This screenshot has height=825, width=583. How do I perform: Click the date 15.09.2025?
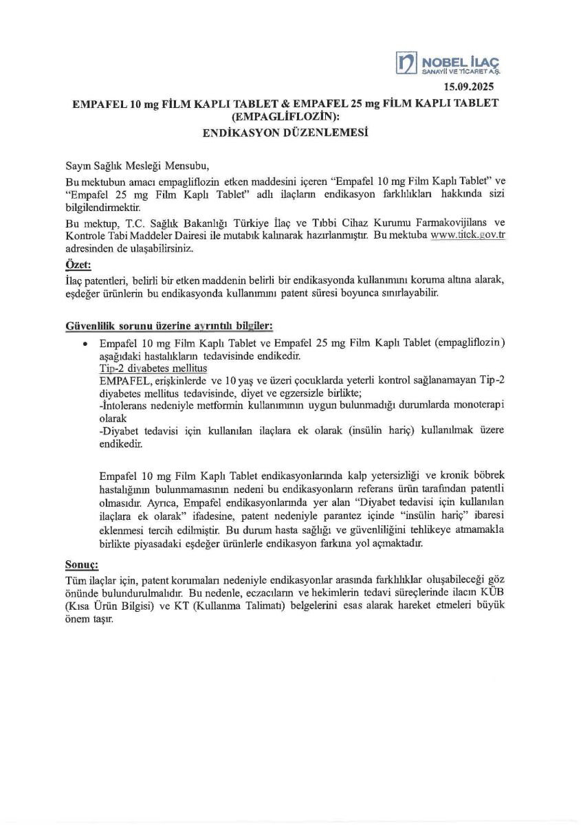pos(468,87)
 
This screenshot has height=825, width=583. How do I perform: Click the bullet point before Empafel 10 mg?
pos(85,342)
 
